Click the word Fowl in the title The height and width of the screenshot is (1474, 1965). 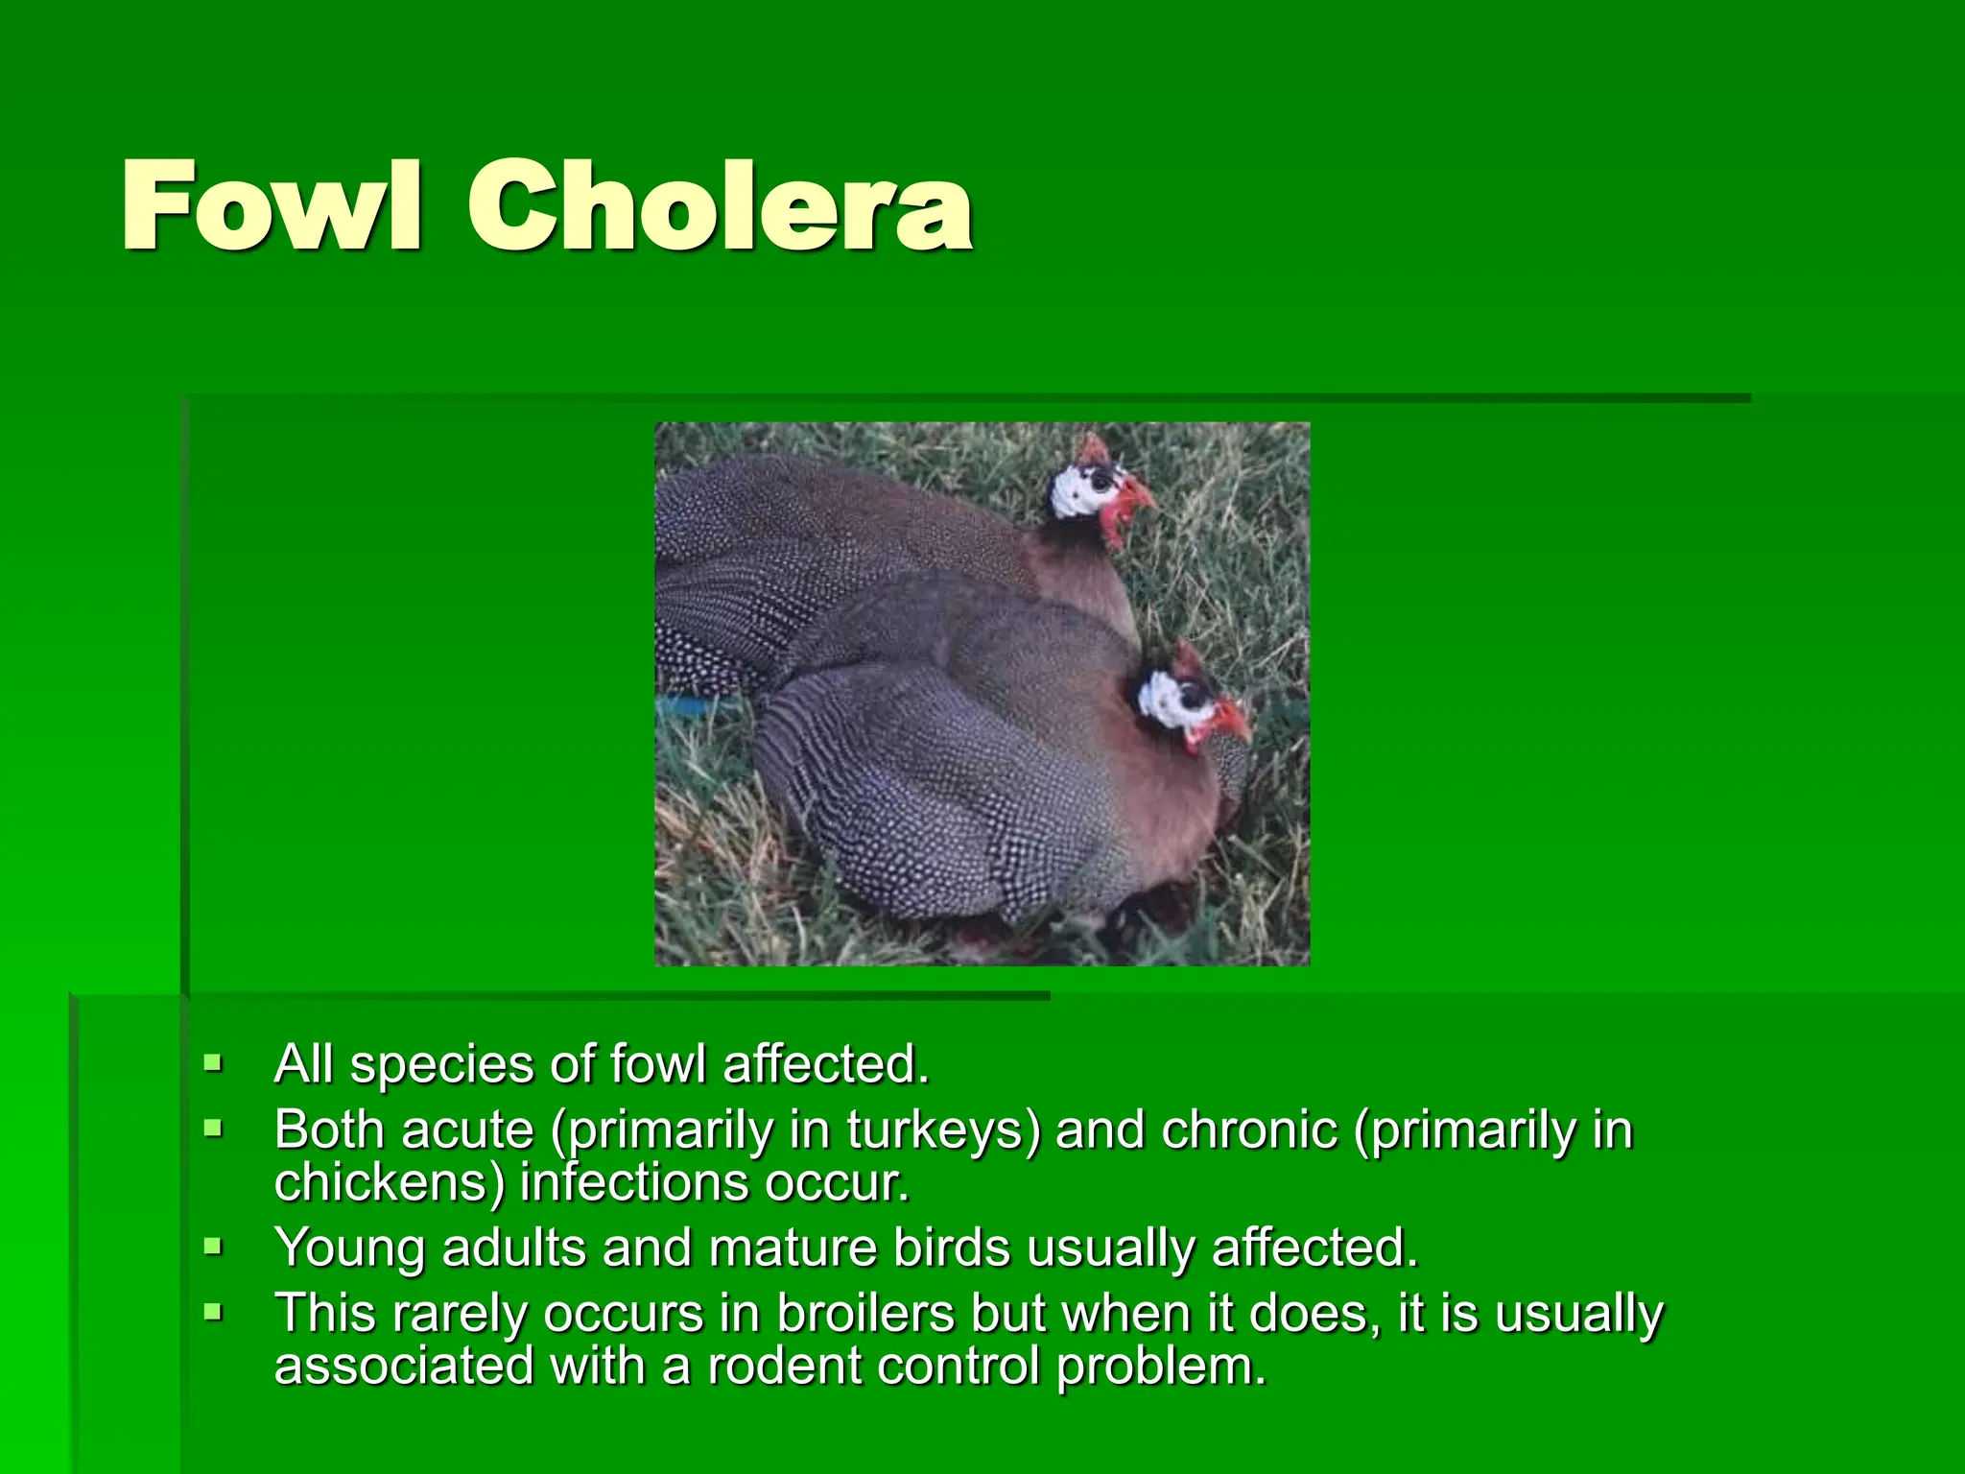click(x=272, y=205)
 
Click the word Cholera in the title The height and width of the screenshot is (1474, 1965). click(x=720, y=205)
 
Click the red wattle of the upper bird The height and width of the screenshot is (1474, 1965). click(x=1116, y=523)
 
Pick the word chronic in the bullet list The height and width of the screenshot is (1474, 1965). click(x=1249, y=1130)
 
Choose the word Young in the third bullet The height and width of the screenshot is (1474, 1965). click(x=349, y=1248)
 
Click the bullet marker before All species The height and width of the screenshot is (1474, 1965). click(x=213, y=1063)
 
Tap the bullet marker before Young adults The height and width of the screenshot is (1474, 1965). click(x=213, y=1247)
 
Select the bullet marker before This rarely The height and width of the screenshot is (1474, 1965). click(x=213, y=1311)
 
